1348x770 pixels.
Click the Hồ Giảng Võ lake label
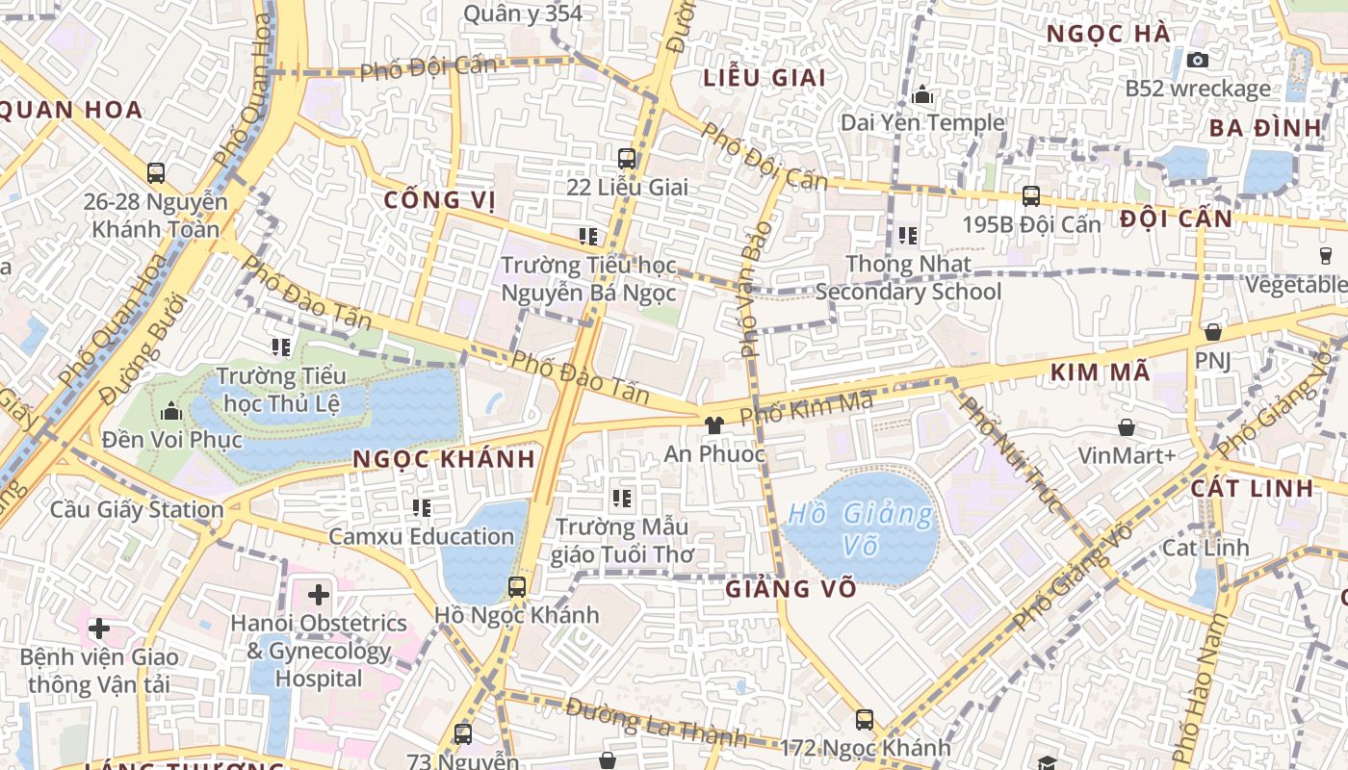click(860, 528)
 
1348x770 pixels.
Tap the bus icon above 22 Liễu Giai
click(627, 159)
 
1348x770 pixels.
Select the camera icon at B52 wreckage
click(1198, 60)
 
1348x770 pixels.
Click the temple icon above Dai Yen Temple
click(922, 94)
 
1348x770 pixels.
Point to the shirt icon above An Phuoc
click(713, 425)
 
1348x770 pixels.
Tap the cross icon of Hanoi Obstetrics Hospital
click(319, 595)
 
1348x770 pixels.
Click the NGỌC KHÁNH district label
click(444, 459)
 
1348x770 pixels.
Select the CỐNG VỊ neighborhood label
click(439, 200)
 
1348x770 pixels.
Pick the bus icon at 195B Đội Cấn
click(1031, 196)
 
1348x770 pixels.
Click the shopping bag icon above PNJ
click(1213, 332)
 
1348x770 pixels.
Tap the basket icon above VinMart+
click(1127, 426)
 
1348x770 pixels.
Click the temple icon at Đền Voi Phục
click(171, 412)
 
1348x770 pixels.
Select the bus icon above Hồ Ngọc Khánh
click(517, 586)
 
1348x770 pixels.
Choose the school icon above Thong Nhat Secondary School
click(907, 235)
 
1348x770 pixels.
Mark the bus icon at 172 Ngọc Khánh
click(865, 719)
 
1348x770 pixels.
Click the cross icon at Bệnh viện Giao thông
click(98, 629)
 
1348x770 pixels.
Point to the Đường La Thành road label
click(656, 723)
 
